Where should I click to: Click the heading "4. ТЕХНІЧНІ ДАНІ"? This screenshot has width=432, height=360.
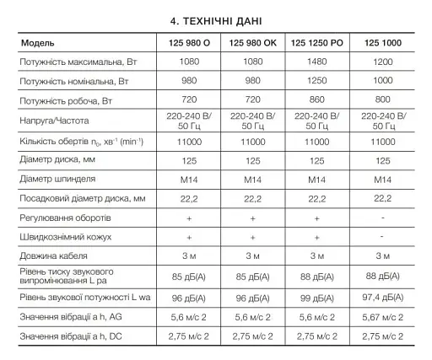(x=215, y=18)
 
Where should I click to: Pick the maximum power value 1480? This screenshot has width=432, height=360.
(x=317, y=62)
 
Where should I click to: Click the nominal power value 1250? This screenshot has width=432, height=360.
(x=317, y=81)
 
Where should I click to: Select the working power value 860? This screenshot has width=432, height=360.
(x=317, y=100)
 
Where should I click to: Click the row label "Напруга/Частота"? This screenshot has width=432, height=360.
(x=55, y=121)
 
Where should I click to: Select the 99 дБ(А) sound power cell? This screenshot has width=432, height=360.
(x=317, y=298)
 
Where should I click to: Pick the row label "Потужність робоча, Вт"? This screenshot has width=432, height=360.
(x=67, y=100)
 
